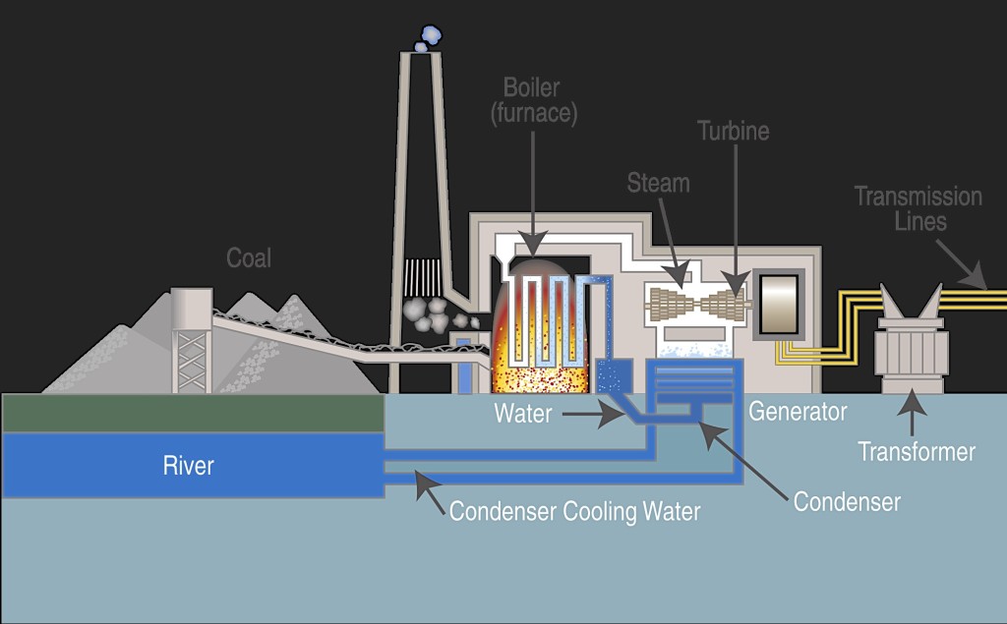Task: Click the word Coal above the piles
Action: click(249, 258)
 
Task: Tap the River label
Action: click(188, 466)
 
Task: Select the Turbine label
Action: click(734, 131)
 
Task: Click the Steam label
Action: click(658, 184)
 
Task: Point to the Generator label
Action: click(798, 412)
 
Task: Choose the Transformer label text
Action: click(917, 452)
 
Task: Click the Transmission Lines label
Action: click(918, 208)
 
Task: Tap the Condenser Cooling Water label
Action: click(574, 512)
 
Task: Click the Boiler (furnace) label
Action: click(533, 100)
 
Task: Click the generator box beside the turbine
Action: click(779, 304)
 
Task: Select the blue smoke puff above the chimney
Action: click(428, 38)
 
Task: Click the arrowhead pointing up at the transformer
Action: click(912, 401)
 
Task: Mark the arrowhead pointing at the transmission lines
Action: click(977, 276)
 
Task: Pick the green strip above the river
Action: click(194, 413)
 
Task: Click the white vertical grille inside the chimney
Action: click(422, 277)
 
